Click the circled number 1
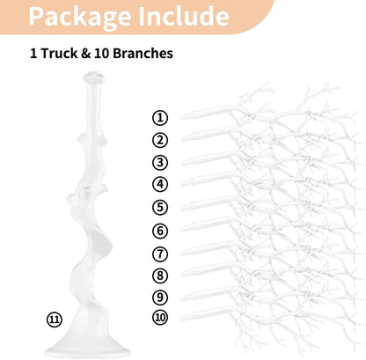160,118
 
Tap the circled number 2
160,140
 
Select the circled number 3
160,162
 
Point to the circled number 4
160,184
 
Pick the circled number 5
160,207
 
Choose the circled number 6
160,231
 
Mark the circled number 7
160,253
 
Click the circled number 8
160,276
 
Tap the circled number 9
160,298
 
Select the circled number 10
160,318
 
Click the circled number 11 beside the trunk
55,320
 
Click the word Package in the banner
80,17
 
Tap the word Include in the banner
184,16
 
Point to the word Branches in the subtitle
143,53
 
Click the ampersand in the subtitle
86,54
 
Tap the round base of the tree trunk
87,349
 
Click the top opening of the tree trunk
94,77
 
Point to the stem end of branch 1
182,117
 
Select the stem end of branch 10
182,317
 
